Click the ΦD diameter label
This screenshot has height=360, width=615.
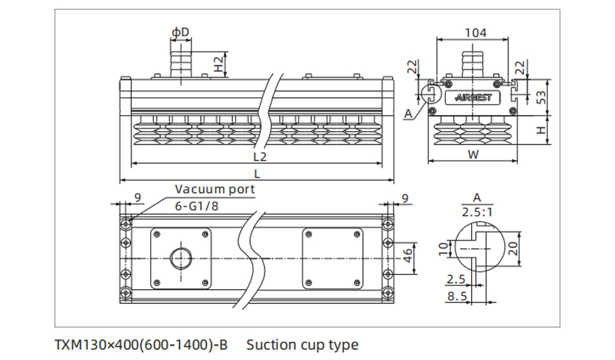tap(180, 31)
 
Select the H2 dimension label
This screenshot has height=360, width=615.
tap(218, 64)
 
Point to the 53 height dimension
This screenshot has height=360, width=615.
tap(542, 97)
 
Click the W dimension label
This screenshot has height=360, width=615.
tap(473, 155)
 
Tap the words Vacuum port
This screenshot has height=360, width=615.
tap(215, 189)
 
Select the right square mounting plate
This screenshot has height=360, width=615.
tap(333, 258)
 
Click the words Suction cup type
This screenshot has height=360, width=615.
tap(302, 345)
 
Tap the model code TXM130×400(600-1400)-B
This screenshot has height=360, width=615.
tap(141, 345)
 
